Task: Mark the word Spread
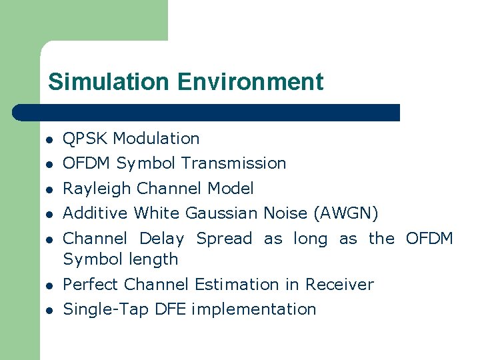pos(224,239)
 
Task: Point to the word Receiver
pos(339,285)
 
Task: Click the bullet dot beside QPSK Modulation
pos(49,139)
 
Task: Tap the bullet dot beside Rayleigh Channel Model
pos(49,189)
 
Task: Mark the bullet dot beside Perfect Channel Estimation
pos(49,285)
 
